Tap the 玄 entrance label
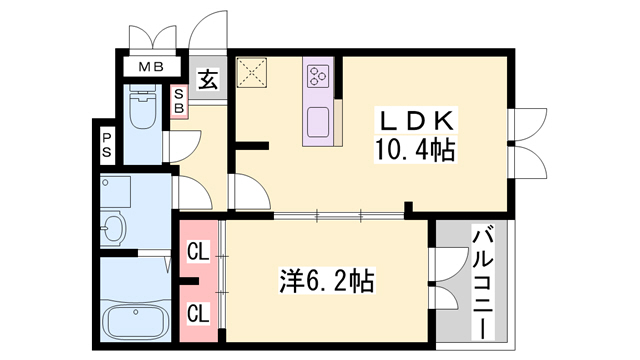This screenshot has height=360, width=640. (x=207, y=78)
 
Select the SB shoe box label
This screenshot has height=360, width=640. (x=179, y=101)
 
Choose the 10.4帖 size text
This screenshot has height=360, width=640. (x=418, y=151)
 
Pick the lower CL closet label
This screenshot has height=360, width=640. (x=198, y=313)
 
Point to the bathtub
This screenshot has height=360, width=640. (x=136, y=322)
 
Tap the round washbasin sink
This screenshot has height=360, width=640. (x=112, y=230)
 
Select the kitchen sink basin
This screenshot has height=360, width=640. (x=319, y=119)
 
